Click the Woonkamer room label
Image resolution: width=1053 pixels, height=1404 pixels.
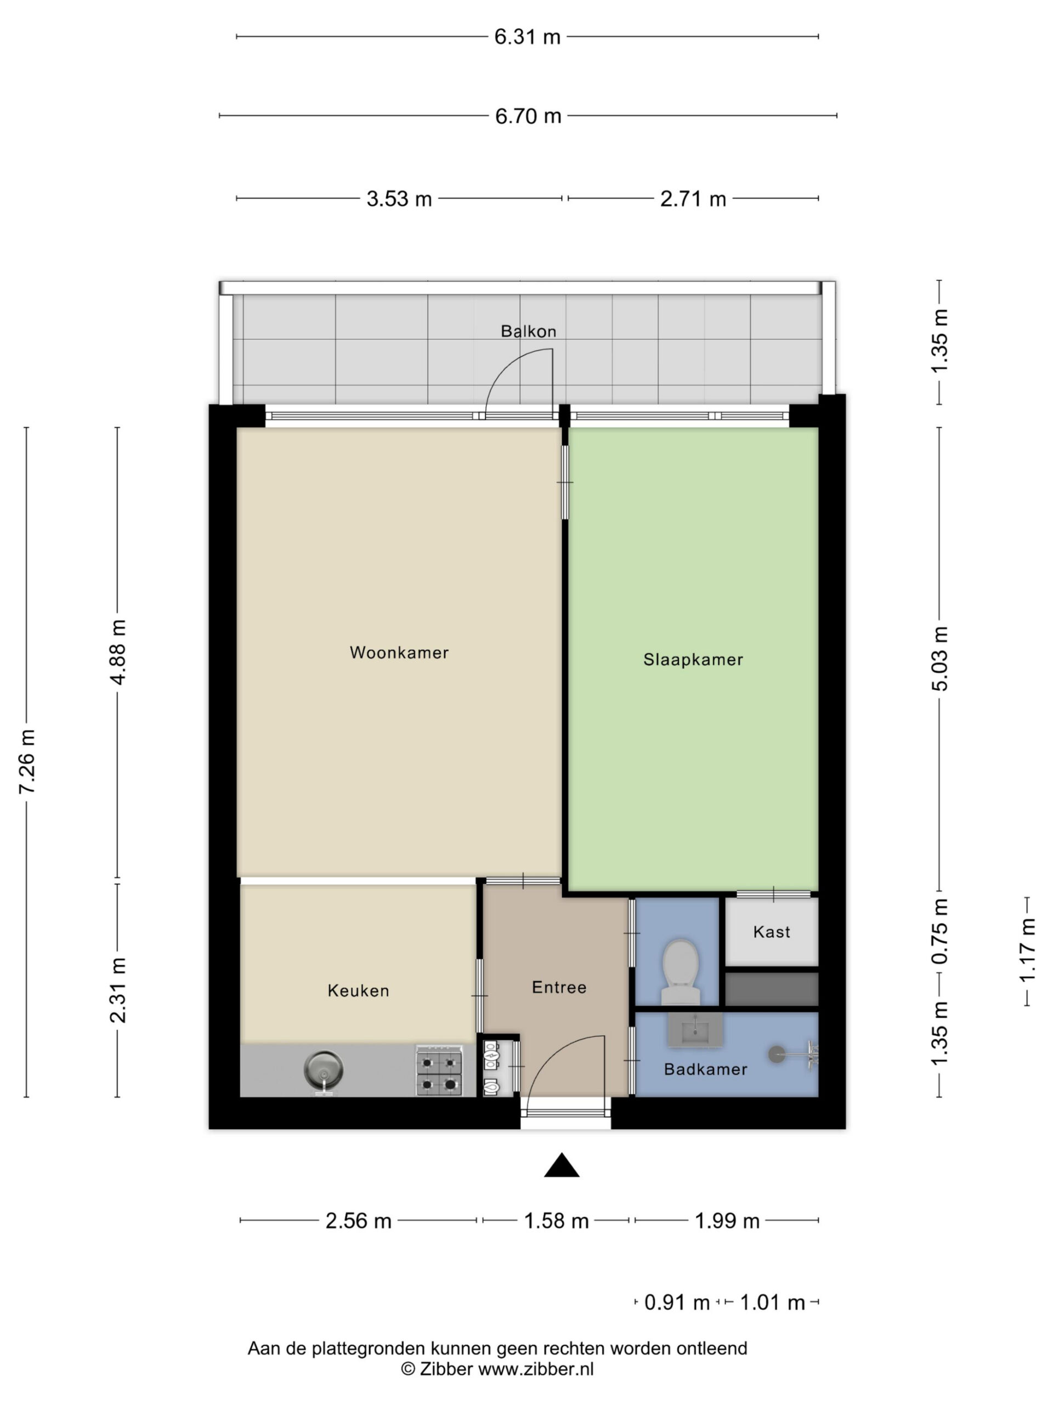399,653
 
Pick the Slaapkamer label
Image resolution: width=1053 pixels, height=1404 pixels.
693,660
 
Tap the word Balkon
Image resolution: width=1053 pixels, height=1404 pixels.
528,331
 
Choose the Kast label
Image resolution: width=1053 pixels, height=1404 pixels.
771,932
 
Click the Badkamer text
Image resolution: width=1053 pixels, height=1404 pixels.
705,1069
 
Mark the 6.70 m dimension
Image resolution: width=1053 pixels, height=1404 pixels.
528,116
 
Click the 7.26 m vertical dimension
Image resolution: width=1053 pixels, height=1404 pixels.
27,762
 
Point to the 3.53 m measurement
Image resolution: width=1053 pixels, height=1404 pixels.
399,199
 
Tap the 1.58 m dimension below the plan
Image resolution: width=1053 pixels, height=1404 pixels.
556,1221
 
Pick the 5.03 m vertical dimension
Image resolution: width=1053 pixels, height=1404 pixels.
940,658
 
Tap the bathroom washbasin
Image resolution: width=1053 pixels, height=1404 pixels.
695,1029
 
